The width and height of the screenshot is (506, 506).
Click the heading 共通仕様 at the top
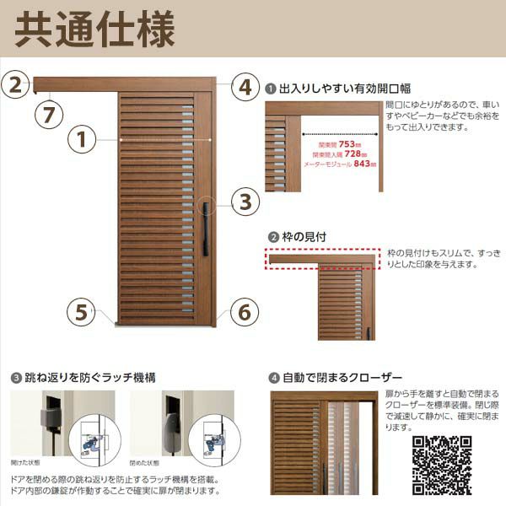(x=95, y=30)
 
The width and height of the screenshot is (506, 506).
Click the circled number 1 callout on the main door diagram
(x=82, y=139)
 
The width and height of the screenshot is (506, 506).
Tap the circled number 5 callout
(x=82, y=312)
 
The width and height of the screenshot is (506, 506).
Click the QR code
(x=441, y=465)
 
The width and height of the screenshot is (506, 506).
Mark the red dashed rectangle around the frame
(x=324, y=260)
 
